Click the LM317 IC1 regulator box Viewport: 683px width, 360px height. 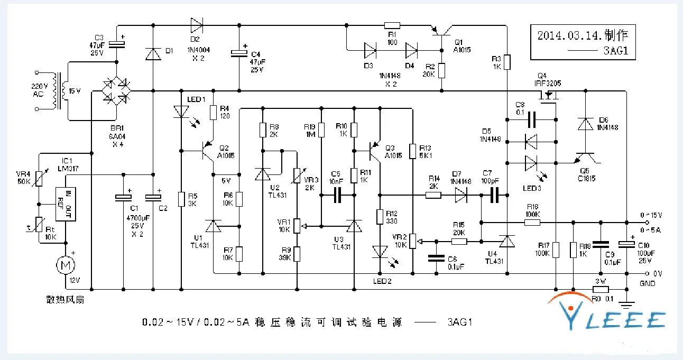click(65, 204)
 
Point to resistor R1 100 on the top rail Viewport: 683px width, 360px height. click(392, 25)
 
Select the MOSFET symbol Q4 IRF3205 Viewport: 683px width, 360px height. click(550, 97)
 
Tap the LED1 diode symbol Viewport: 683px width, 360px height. click(181, 112)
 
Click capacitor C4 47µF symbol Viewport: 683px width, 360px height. click(239, 52)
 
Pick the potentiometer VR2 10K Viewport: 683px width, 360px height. click(413, 242)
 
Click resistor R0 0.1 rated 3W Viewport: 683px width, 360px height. click(601, 290)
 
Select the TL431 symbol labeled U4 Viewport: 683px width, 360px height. click(507, 242)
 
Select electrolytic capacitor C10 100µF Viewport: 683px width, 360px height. click(627, 244)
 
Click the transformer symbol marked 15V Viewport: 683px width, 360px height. click(64, 91)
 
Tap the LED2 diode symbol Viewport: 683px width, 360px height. click(379, 252)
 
